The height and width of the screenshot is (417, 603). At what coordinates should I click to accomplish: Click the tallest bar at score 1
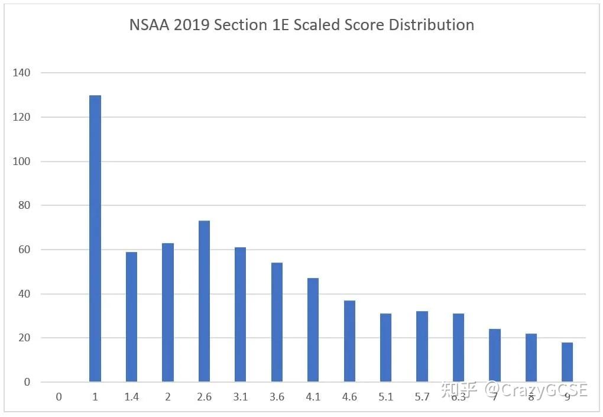coord(95,238)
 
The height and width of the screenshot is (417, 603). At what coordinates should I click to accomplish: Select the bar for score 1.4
coord(131,317)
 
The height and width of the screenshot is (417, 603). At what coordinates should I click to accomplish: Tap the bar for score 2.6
coord(204,301)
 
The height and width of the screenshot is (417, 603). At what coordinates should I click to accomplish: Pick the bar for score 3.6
coord(277,322)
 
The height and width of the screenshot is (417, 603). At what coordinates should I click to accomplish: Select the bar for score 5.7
coord(422,347)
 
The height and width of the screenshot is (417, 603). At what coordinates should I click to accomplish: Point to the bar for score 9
coord(567,362)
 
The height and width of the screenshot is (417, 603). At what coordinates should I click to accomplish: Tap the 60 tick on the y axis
coord(24,250)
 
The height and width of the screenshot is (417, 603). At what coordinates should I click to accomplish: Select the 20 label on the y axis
coord(24,338)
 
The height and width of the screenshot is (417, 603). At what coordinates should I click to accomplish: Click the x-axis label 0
coord(59,397)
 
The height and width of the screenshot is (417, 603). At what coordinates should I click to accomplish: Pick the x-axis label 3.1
coord(240,397)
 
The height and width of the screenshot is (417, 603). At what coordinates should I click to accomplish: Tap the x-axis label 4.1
coord(313,397)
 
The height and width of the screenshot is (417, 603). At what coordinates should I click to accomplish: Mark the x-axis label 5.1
coord(385,397)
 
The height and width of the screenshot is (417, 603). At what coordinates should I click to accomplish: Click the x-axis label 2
coord(168,397)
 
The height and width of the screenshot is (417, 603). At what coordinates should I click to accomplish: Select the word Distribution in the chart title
coord(438,25)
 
